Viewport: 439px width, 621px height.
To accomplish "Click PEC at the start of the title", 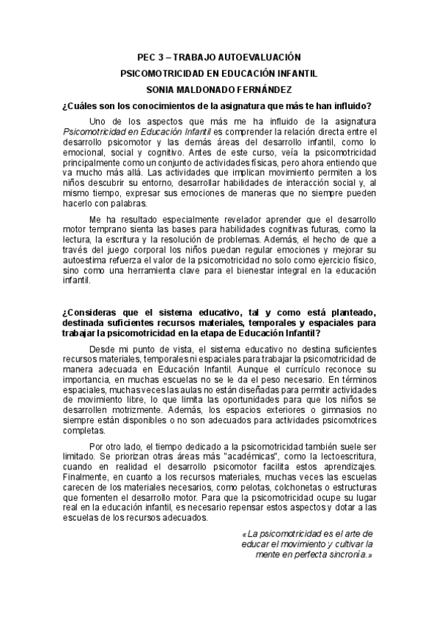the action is [147, 56].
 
